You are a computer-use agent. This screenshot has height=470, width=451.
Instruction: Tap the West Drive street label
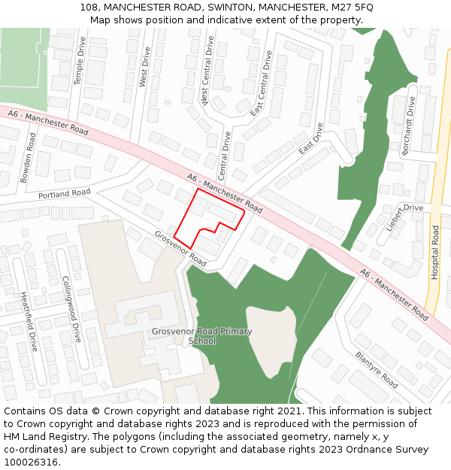click(146, 67)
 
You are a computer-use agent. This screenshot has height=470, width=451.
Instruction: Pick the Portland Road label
click(64, 194)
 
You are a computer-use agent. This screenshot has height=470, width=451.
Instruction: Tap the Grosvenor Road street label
click(180, 248)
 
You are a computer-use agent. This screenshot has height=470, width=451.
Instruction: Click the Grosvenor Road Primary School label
click(201, 335)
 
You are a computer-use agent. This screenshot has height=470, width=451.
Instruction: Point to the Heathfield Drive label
click(29, 322)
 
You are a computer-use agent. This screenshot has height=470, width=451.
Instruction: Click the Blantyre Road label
click(377, 369)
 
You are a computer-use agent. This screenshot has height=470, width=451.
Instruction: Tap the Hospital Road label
click(434, 253)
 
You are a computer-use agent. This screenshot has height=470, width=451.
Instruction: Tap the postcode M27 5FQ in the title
click(350, 7)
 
